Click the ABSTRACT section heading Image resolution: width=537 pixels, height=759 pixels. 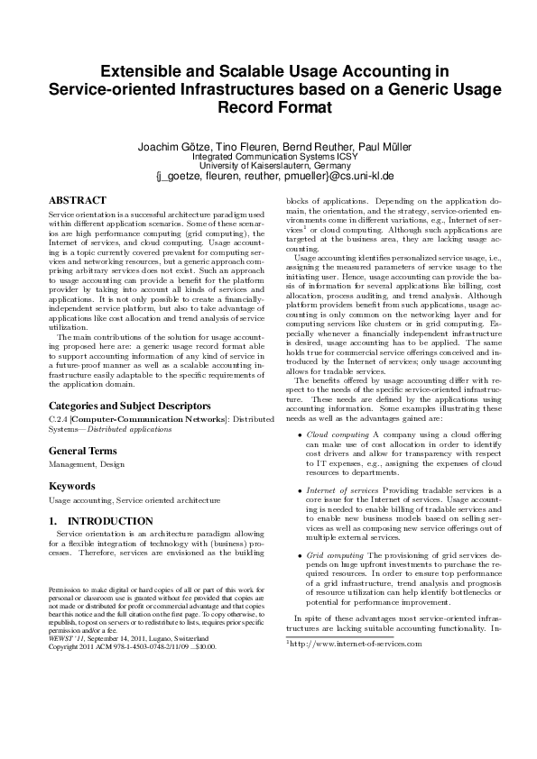coord(77,200)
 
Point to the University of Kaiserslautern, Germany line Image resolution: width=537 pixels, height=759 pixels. coord(268,167)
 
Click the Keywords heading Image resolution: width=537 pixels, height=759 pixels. coord(72,486)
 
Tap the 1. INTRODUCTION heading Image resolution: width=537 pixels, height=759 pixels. coord(99,521)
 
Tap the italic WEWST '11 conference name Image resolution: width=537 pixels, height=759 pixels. coord(62,639)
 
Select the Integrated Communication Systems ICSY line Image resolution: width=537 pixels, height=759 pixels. coord(268,157)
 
